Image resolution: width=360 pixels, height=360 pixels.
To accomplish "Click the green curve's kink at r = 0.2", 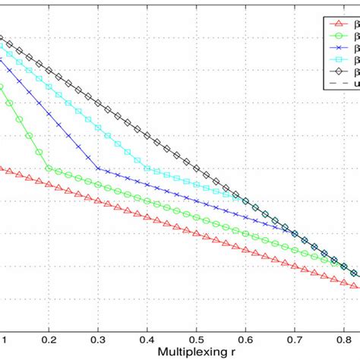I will (49, 169).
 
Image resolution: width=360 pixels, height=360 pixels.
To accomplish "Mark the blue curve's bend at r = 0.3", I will (98, 169).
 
